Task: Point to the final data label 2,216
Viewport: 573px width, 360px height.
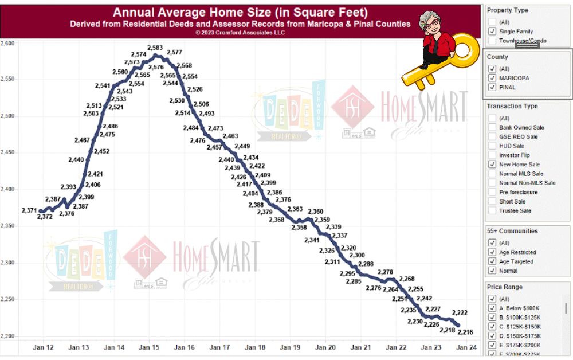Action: (x=465, y=332)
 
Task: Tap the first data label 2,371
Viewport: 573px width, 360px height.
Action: (x=29, y=210)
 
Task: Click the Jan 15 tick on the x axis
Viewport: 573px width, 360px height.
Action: (x=149, y=347)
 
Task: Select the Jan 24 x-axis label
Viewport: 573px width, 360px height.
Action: (x=466, y=347)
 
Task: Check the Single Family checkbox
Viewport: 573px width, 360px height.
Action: (x=492, y=32)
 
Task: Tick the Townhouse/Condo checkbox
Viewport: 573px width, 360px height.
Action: (x=492, y=41)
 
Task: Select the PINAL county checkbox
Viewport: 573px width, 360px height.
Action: (x=492, y=88)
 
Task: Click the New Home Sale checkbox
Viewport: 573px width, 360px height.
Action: (x=492, y=165)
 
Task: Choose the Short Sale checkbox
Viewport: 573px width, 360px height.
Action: (x=492, y=201)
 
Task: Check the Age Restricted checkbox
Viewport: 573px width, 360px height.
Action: (x=492, y=252)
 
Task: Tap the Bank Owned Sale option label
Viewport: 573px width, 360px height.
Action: (x=521, y=127)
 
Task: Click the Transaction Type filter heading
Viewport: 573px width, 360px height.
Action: (x=512, y=106)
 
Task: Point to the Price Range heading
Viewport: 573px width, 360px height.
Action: (x=504, y=287)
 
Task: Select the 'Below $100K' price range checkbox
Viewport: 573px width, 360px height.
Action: (x=492, y=308)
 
